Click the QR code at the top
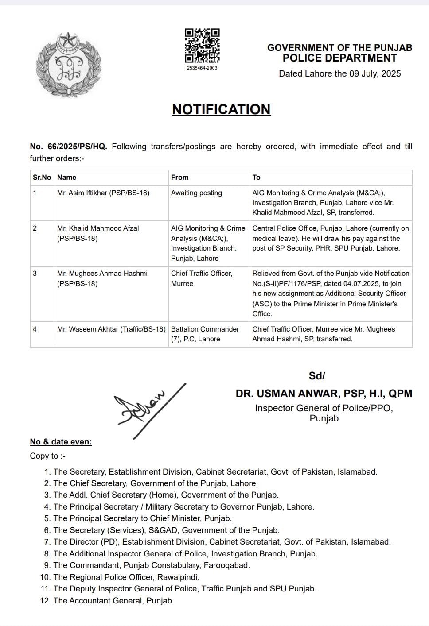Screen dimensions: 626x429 point(202,46)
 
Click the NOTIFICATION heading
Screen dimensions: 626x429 point(221,109)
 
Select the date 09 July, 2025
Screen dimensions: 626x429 point(375,74)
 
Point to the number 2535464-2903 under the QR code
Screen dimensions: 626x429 point(202,68)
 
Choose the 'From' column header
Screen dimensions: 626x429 point(180,178)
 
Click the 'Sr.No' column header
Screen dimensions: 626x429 point(42,178)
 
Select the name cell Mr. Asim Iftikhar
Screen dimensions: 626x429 point(103,193)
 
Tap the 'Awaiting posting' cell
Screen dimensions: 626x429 point(196,193)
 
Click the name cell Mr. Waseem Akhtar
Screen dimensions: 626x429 point(111,329)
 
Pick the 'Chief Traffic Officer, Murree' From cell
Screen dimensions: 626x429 point(202,278)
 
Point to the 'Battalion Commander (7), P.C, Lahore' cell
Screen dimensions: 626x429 point(205,334)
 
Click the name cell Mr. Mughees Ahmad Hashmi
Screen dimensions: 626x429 point(102,278)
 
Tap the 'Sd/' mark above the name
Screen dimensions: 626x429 point(317,376)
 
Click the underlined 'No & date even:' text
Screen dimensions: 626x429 point(61,442)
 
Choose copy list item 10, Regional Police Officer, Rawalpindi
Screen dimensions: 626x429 point(126,577)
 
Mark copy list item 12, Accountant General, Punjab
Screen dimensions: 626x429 point(113,601)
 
